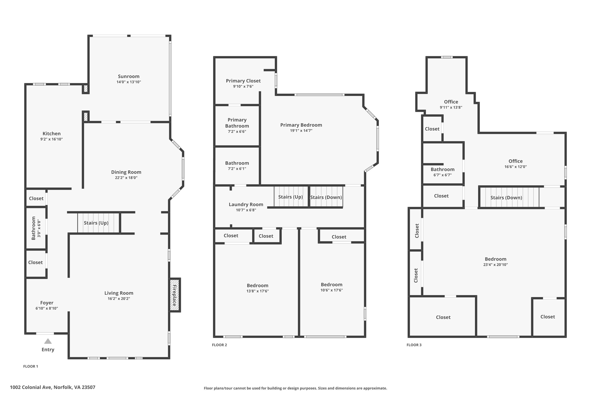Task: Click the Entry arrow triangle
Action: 48,341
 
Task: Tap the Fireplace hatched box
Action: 175,295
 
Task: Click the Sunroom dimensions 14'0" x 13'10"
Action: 129,82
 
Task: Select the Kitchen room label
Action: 52,133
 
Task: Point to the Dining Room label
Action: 126,172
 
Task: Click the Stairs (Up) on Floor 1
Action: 96,223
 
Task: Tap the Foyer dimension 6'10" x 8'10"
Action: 47,308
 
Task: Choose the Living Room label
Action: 119,293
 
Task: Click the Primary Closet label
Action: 243,81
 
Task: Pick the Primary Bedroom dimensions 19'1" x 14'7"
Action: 301,131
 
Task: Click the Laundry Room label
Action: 246,204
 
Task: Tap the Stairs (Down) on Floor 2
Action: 326,197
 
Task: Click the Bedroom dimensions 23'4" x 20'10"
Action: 495,265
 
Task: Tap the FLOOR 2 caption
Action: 219,345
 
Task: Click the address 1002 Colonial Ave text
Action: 53,387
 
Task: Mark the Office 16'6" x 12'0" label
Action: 515,161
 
